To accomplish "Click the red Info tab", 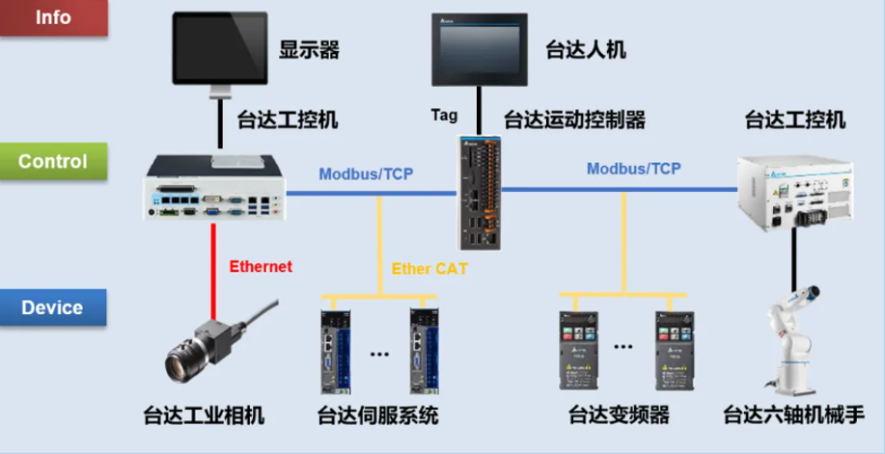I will (52, 17).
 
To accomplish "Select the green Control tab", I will (52, 162).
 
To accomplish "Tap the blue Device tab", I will (52, 307).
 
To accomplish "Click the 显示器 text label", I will (309, 50).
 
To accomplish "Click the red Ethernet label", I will (260, 266).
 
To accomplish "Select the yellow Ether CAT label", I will (429, 269).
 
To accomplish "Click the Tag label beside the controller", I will (444, 116).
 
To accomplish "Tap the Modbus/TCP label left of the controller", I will (366, 174).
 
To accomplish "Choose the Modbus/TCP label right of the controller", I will (633, 169).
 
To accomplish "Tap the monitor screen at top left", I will (221, 46).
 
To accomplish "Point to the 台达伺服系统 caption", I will (377, 416).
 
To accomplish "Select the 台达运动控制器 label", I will (574, 120).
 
